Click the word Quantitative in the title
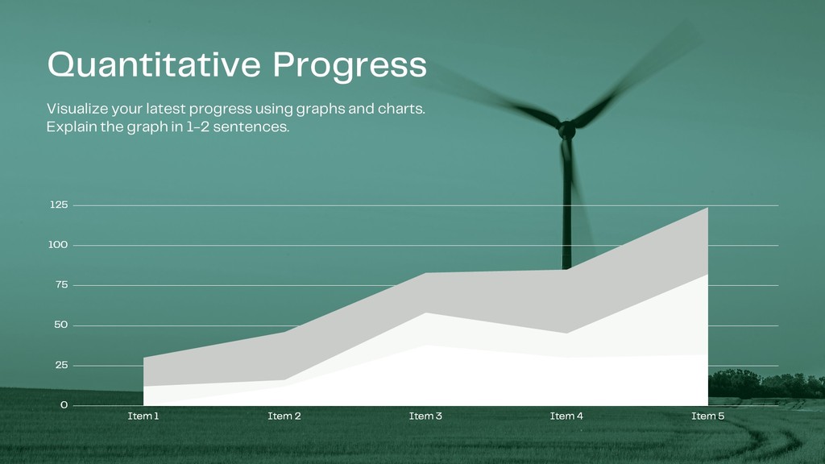click(154, 65)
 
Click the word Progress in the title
click(350, 67)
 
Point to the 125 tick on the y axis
click(59, 205)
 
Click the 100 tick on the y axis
click(58, 245)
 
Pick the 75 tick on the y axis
click(61, 284)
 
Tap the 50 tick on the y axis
click(61, 325)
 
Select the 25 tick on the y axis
click(61, 365)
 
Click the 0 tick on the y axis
click(64, 404)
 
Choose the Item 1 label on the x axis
click(143, 416)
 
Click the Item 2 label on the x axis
click(284, 416)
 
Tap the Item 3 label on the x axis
click(425, 416)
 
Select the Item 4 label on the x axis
click(566, 416)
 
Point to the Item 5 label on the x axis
click(707, 416)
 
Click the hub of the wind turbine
click(566, 130)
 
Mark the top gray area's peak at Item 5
click(707, 208)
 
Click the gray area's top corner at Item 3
click(425, 272)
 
